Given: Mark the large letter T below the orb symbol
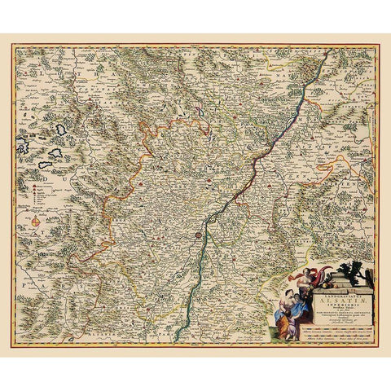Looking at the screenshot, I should (x=35, y=241).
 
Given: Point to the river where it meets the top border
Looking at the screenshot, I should (x=327, y=51).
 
